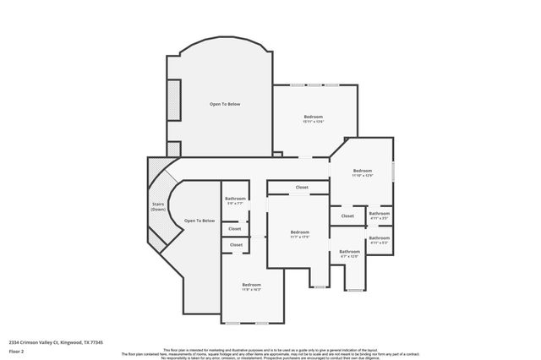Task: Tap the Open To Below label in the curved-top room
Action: tap(225, 104)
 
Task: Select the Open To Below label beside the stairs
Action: tap(199, 221)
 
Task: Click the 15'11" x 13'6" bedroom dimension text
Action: tap(314, 122)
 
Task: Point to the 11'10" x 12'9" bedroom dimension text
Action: tap(362, 175)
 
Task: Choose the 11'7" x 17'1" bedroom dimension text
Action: tap(300, 237)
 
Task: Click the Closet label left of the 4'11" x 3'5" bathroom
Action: tap(347, 216)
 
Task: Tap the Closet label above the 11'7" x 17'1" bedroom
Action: tap(302, 188)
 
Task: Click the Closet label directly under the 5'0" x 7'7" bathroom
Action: tap(235, 228)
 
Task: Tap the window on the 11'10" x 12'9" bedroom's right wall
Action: tap(394, 172)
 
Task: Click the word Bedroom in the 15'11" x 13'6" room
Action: tap(314, 117)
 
